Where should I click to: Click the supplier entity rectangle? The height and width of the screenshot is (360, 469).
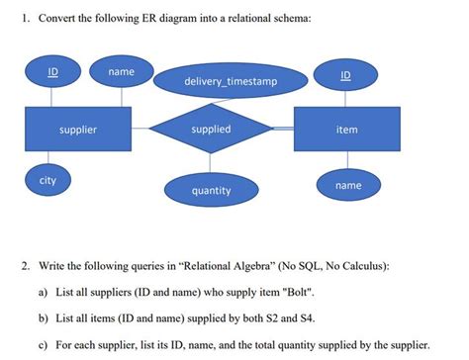(77, 130)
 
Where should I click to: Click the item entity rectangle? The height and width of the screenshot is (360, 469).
(346, 130)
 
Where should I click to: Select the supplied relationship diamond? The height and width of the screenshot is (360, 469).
(211, 130)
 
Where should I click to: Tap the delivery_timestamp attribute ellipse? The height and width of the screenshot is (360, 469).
(231, 80)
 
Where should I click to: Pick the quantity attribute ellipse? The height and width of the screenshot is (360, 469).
(211, 189)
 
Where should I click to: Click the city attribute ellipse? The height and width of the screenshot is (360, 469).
(47, 182)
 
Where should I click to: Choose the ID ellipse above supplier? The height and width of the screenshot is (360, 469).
(52, 73)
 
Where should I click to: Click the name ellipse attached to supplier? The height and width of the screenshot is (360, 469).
(122, 73)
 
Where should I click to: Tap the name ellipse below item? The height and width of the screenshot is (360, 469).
(348, 185)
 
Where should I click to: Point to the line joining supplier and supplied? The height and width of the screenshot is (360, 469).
(138, 130)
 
